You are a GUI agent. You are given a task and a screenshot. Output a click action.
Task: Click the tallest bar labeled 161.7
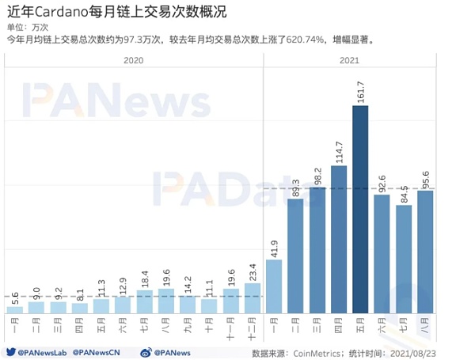pos(360,210)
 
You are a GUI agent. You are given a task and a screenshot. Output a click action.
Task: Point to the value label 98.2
pos(317,175)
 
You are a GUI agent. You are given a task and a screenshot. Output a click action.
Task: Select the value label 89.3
pos(296,187)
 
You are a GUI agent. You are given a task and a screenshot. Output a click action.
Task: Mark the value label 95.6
pos(425,178)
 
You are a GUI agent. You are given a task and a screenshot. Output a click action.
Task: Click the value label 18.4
pos(144,278)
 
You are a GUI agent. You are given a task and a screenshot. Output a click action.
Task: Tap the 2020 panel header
pos(133,60)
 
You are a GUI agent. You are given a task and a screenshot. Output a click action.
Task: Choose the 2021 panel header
pos(349,60)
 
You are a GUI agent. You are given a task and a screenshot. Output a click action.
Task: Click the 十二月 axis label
pos(252,325)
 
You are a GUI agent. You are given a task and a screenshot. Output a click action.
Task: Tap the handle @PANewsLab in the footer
pos(44,351)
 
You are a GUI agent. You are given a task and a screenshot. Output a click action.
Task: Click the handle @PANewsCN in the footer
pos(102,351)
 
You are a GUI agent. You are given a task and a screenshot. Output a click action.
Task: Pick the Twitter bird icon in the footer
pos(10,351)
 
